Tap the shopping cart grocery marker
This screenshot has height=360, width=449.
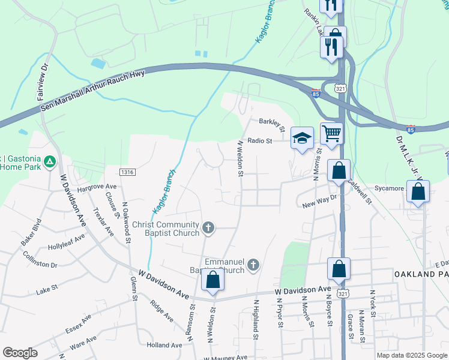[331, 133]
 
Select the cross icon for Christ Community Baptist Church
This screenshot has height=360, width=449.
[208, 227]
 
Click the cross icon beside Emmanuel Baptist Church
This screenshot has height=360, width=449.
[253, 265]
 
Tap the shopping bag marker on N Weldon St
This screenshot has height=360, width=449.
[212, 280]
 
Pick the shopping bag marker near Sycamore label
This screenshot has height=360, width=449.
[418, 192]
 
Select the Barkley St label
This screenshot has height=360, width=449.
[272, 122]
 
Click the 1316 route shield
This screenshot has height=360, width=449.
[126, 172]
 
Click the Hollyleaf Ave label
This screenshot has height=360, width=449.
[67, 242]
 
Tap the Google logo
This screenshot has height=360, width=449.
[20, 353]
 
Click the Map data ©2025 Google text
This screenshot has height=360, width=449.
[411, 355]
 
